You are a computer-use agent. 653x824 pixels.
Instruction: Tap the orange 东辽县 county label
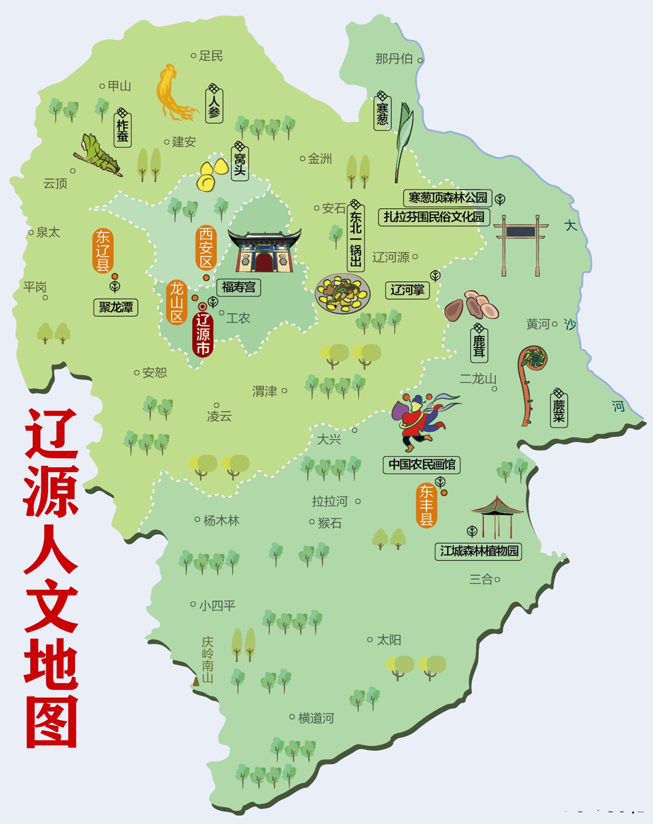[103, 250]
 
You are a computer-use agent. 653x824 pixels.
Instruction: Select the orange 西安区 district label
[206, 248]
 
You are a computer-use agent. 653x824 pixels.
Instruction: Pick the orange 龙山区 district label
[177, 302]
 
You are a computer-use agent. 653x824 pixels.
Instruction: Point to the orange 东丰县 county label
[426, 505]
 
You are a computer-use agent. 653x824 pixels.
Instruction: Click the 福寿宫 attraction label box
[239, 287]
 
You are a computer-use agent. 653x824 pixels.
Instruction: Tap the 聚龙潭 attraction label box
[116, 307]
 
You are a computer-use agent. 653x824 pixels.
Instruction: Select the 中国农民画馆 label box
[422, 464]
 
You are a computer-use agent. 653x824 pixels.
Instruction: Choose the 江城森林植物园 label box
[479, 551]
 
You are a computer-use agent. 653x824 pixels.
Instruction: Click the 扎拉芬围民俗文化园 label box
[434, 217]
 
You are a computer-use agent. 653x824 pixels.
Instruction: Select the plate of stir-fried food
[343, 293]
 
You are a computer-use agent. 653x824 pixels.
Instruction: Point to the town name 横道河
[315, 718]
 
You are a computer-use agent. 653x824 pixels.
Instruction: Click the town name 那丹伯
[394, 59]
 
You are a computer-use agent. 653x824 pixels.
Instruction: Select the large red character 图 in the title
[51, 722]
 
